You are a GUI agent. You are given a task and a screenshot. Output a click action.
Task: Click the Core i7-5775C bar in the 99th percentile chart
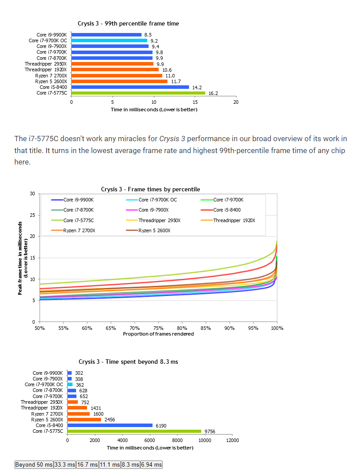pyautogui.click(x=138, y=93)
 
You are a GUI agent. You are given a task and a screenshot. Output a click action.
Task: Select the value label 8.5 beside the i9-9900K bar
pyautogui.click(x=148, y=35)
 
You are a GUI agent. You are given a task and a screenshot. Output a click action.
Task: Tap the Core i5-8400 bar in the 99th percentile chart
pyautogui.click(x=130, y=87)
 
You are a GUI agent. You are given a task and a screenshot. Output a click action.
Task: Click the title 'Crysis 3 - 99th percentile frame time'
pyautogui.click(x=128, y=23)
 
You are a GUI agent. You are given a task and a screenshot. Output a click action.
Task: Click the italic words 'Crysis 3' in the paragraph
pyautogui.click(x=172, y=139)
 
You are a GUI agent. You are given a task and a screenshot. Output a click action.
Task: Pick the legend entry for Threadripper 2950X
pyautogui.click(x=159, y=220)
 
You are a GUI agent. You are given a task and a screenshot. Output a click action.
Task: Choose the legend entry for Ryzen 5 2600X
pyautogui.click(x=154, y=231)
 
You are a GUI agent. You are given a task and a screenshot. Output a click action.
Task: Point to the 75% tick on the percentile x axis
pyautogui.click(x=158, y=328)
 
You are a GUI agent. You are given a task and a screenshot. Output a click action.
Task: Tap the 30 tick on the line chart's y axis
pyautogui.click(x=33, y=194)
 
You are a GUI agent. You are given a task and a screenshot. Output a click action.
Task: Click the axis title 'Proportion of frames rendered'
pyautogui.click(x=158, y=334)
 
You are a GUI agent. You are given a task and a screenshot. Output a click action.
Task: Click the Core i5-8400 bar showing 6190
pyautogui.click(x=110, y=425)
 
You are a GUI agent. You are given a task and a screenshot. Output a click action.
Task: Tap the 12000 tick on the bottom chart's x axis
pyautogui.click(x=232, y=440)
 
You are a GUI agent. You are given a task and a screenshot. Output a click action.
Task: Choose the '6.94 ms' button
pyautogui.click(x=151, y=464)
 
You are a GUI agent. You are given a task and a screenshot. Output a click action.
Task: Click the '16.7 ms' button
pyautogui.click(x=87, y=464)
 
